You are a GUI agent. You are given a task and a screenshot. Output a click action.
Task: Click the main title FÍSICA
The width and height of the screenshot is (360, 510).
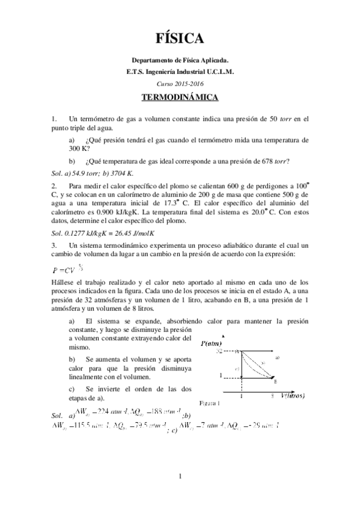pyautogui.click(x=180, y=38)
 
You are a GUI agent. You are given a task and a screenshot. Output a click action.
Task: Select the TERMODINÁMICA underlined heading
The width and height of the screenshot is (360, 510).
pyautogui.click(x=180, y=96)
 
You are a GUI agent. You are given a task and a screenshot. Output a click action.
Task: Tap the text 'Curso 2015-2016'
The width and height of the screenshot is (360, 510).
pyautogui.click(x=180, y=83)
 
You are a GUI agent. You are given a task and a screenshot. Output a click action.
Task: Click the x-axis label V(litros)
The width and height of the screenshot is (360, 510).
pyautogui.click(x=294, y=396)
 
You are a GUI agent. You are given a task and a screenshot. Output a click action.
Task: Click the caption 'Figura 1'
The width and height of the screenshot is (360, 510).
pyautogui.click(x=209, y=402)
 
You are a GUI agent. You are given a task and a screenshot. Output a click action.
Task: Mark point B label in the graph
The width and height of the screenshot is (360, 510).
pyautogui.click(x=275, y=382)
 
